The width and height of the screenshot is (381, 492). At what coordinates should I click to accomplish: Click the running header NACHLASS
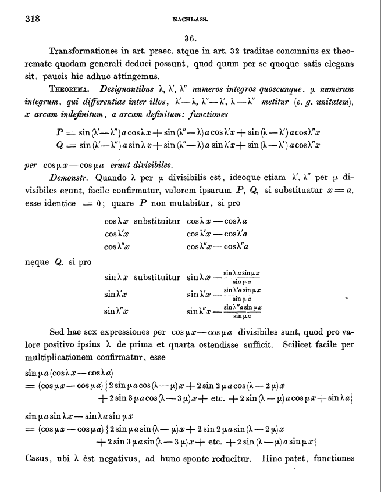pos(190,19)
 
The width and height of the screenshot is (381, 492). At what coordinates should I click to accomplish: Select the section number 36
pos(190,38)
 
